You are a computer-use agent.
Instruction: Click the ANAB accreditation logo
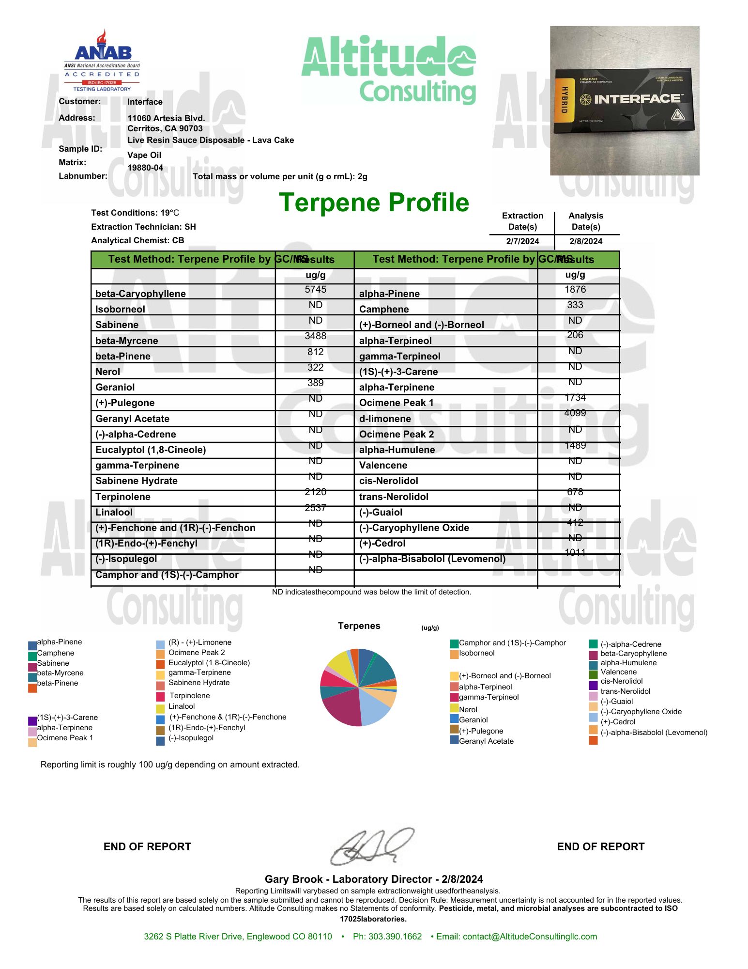pos(102,61)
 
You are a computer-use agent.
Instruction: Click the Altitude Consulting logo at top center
pos(389,69)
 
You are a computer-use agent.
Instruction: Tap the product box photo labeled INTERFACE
pos(625,101)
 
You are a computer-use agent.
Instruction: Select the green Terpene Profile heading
pos(374,203)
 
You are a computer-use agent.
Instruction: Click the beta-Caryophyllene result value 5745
pos(315,290)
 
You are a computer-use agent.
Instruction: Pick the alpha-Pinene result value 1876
pos(575,290)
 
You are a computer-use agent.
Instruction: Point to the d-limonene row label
pos(385,419)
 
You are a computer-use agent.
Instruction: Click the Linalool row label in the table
pos(114,512)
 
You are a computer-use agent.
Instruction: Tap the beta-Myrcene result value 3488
pos(315,336)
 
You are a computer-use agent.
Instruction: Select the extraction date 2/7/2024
pos(522,241)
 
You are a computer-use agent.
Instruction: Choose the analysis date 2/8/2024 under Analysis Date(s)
pos(586,241)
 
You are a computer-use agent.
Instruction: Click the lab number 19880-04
pos(145,168)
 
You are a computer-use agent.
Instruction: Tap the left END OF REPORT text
pos(147,846)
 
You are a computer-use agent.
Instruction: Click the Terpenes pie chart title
pos(359,626)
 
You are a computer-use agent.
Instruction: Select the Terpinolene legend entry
pos(189,696)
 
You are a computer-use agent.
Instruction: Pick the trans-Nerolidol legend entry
pos(625,691)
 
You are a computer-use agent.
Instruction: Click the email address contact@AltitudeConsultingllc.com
pos(530,937)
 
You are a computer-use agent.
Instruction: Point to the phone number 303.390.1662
pos(387,937)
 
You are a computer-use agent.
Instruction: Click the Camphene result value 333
pos(575,305)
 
